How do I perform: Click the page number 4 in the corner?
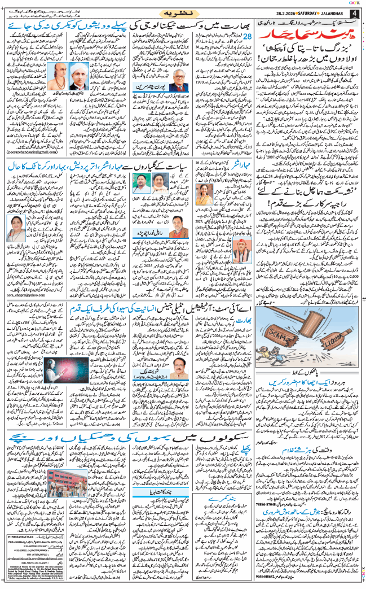click(x=355, y=14)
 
